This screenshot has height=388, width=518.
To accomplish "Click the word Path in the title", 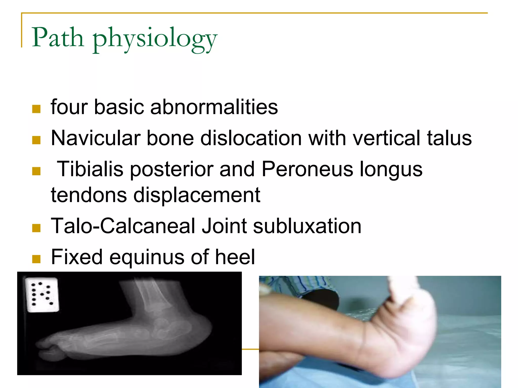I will point(58,38).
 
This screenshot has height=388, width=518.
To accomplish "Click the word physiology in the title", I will point(155,39).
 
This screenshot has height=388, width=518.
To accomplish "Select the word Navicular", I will point(96,138).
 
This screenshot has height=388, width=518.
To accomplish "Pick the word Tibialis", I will point(90,169).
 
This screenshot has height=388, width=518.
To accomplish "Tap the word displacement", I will point(197,195).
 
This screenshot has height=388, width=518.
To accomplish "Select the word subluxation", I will point(307,226).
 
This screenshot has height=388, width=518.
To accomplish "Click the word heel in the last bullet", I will point(235,257).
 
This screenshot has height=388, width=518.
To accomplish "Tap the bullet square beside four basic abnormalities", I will point(36,109).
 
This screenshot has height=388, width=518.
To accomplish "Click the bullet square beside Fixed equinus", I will point(36,259).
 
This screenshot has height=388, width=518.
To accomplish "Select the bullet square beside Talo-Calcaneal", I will point(36,228).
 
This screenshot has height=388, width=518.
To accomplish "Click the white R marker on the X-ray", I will point(42,295).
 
